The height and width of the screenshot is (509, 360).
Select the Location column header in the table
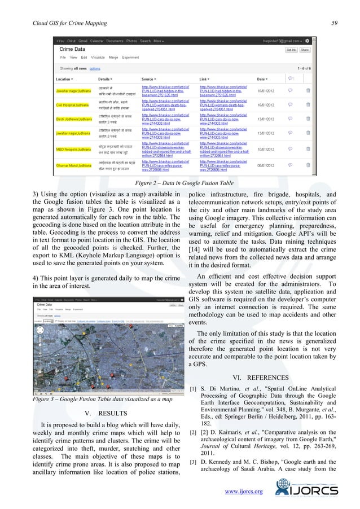(65, 79)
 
